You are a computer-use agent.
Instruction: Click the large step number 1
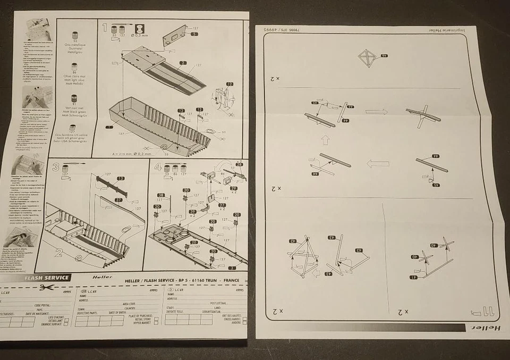(x=105, y=27)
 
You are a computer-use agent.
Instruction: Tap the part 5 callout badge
(x=194, y=34)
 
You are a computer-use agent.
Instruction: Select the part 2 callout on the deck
(x=182, y=63)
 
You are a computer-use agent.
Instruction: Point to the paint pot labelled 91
(x=74, y=99)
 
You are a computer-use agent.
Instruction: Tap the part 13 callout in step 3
(x=121, y=179)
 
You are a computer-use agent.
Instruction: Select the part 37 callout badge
(x=118, y=200)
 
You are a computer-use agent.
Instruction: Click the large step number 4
(x=158, y=166)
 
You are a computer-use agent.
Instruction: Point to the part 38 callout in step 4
(x=161, y=195)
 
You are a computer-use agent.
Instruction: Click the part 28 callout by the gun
(x=239, y=165)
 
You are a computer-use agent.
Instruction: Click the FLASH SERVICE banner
(x=47, y=278)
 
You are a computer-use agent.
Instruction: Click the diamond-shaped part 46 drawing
(x=367, y=57)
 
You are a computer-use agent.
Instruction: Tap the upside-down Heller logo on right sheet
(x=489, y=328)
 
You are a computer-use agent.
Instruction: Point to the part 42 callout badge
(x=293, y=241)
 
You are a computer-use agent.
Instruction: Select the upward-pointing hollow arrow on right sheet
(x=326, y=140)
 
